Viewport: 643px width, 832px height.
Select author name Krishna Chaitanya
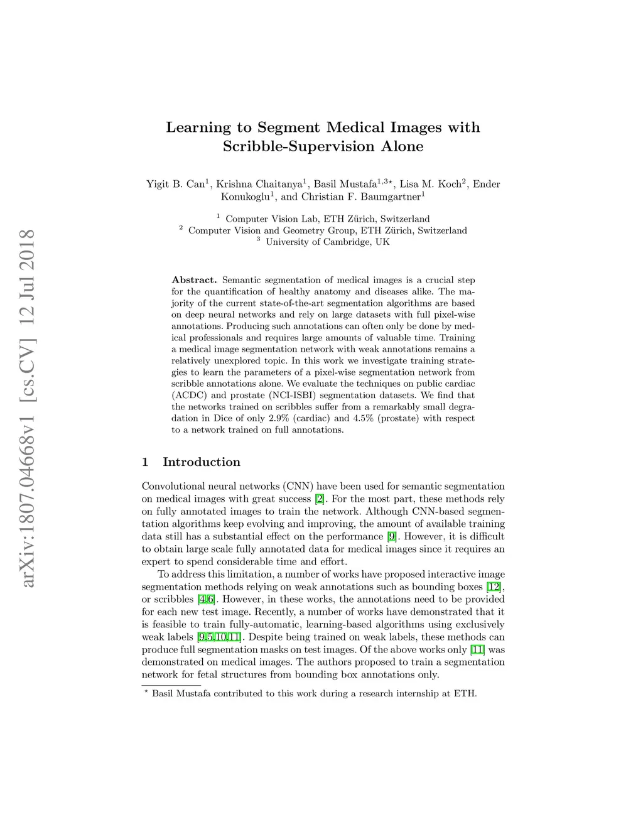[258, 184]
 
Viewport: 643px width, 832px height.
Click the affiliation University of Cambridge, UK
[327, 242]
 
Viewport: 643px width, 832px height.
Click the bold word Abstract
[194, 280]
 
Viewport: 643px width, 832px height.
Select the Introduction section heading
[201, 462]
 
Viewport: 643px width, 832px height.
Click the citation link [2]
[320, 499]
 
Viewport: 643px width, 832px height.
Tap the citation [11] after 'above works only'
[477, 650]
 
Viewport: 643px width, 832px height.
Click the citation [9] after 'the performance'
[392, 537]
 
